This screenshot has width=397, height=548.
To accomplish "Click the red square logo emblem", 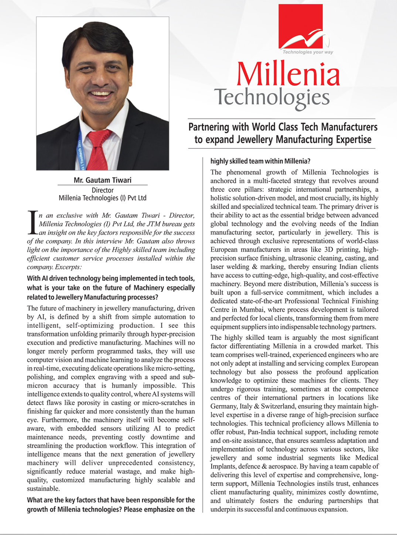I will click(x=301, y=26).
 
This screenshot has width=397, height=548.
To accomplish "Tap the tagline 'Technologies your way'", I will click(x=308, y=52).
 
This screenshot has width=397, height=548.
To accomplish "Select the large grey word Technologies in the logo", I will click(x=272, y=97).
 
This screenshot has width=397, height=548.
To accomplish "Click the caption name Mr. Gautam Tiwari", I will click(x=102, y=180).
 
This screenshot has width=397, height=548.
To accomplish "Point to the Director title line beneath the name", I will click(x=102, y=190).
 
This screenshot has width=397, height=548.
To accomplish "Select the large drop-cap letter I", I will click(x=32, y=223).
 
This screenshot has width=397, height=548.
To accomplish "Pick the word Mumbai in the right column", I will click(x=252, y=310).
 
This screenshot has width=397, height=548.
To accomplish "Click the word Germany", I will click(x=223, y=406).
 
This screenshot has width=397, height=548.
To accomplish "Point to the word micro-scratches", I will click(x=165, y=403).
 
